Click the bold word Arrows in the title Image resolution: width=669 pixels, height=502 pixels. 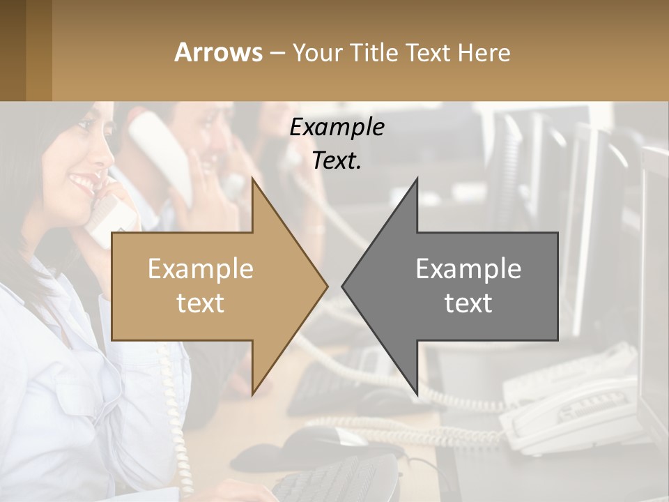coord(219,52)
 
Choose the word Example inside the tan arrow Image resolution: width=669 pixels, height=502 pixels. coord(201,269)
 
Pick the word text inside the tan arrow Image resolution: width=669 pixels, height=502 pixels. coord(201,303)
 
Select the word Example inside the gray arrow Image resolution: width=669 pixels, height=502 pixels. coord(468,269)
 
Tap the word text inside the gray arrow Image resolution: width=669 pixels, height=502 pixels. coord(468,303)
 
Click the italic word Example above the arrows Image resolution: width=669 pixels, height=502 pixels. coord(337,128)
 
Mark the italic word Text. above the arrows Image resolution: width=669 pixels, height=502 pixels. coord(337,161)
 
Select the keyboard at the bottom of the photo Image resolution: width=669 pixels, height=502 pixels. coord(334,481)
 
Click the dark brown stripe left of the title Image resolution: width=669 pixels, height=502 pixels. coord(13,50)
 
